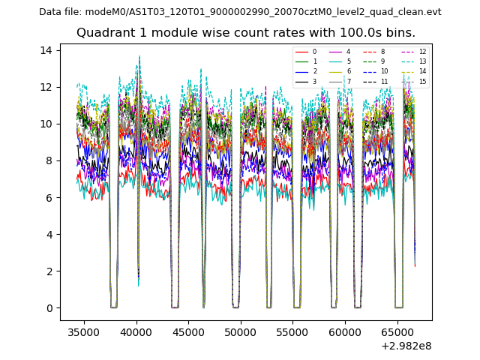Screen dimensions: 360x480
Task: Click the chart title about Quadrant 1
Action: pyautogui.click(x=245, y=33)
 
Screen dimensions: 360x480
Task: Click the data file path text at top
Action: pyautogui.click(x=240, y=12)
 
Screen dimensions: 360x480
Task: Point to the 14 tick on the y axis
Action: pyautogui.click(x=46, y=50)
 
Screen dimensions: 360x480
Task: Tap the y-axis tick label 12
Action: pyautogui.click(x=46, y=87)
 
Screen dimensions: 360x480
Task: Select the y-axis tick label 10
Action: pyautogui.click(x=46, y=124)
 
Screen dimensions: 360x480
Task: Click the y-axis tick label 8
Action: pyautogui.click(x=49, y=160)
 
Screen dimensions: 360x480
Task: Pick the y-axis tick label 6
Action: pyautogui.click(x=49, y=197)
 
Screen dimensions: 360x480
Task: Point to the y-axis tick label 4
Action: pyautogui.click(x=49, y=234)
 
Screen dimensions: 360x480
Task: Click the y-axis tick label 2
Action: pyautogui.click(x=49, y=271)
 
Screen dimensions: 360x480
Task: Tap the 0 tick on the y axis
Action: pyautogui.click(x=49, y=308)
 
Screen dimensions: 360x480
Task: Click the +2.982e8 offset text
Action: pyautogui.click(x=405, y=346)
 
